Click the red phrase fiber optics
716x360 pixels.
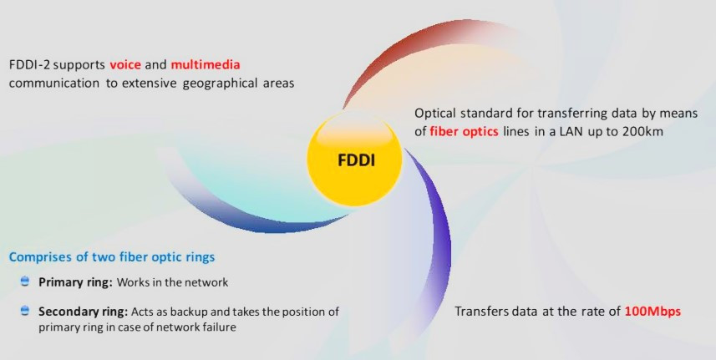pyautogui.click(x=465, y=131)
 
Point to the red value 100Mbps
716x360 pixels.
pyautogui.click(x=653, y=312)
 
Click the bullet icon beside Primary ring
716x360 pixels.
pyautogui.click(x=25, y=282)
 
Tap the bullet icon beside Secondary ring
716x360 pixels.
pyautogui.click(x=25, y=311)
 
